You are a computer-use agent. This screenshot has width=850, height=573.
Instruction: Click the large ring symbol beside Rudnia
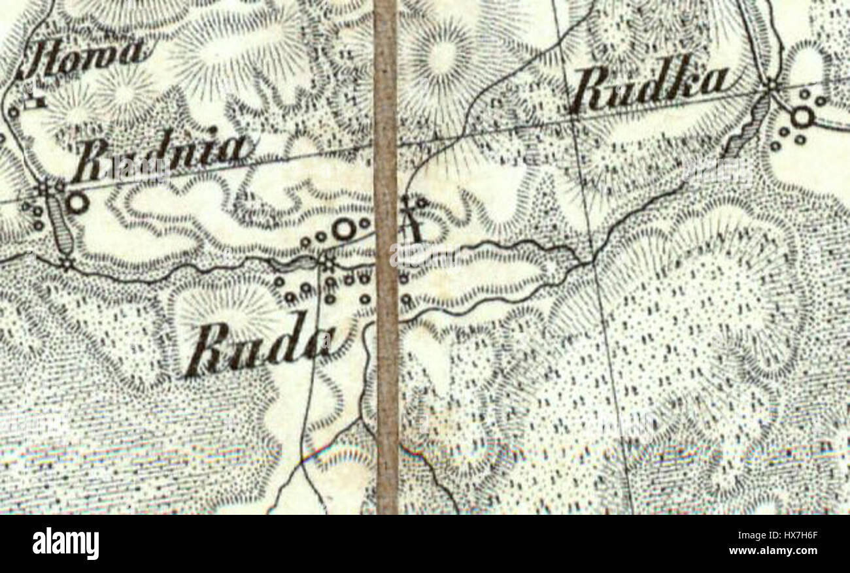77,203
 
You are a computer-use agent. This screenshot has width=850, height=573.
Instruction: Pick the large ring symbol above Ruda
343,229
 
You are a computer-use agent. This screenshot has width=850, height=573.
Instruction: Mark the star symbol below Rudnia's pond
65,264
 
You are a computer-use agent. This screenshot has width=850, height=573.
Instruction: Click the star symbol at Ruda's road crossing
327,263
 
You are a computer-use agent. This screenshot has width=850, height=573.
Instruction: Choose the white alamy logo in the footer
65,544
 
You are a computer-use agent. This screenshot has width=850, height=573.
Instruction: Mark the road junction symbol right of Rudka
772,84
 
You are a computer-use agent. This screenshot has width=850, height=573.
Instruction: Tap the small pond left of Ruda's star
299,263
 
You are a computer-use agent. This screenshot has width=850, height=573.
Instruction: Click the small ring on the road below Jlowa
13,112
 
